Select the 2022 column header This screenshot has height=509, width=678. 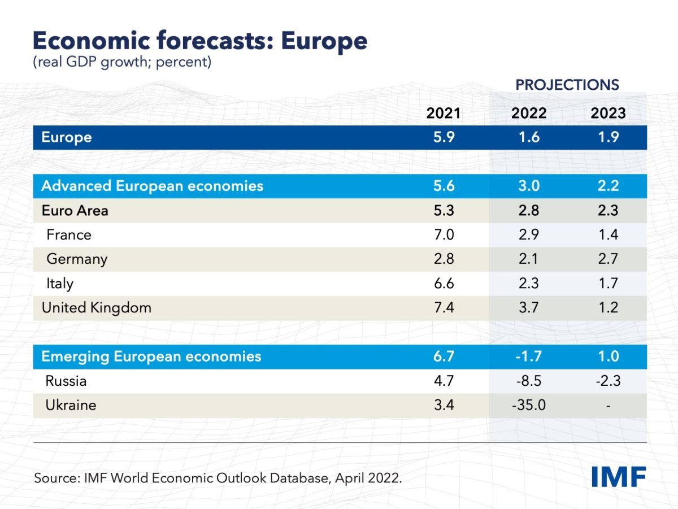click(x=529, y=113)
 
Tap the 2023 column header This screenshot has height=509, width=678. click(x=608, y=113)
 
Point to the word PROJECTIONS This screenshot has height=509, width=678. click(x=567, y=85)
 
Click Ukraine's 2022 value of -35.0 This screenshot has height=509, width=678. click(x=529, y=405)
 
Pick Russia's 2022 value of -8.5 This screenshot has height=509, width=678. click(x=529, y=381)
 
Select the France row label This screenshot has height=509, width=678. click(x=68, y=234)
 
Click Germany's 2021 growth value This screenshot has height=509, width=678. click(x=444, y=259)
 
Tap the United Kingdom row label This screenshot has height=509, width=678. click(x=97, y=308)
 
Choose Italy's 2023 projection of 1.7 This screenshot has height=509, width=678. click(x=608, y=283)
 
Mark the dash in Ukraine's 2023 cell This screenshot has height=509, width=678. click(x=608, y=405)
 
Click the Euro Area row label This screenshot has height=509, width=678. click(x=75, y=211)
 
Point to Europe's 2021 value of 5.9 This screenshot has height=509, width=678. click(x=444, y=137)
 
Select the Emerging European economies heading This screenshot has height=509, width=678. click(x=151, y=356)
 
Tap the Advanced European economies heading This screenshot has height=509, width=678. click(x=153, y=186)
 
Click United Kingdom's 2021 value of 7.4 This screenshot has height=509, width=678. click(x=444, y=308)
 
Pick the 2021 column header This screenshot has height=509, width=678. click(x=444, y=113)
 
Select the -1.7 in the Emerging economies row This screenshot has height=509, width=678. click(x=529, y=356)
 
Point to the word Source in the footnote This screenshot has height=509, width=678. click(x=56, y=478)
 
